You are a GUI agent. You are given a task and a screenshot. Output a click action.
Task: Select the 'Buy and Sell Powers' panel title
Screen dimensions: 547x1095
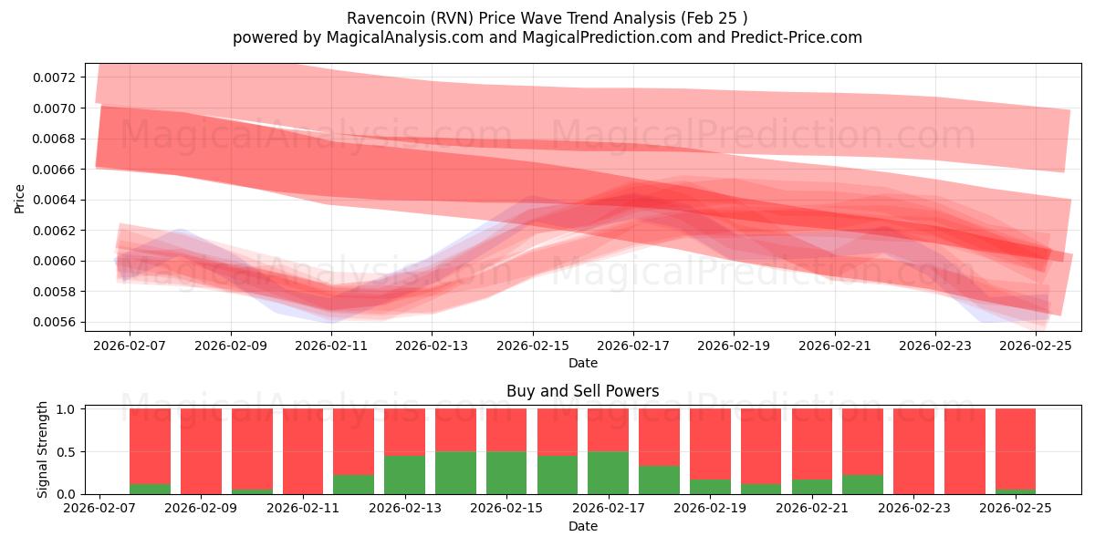point(583,391)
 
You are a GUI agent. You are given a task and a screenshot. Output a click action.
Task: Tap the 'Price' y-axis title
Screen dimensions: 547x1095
point(20,198)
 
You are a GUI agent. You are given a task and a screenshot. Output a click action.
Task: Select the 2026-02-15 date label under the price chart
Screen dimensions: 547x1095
point(533,346)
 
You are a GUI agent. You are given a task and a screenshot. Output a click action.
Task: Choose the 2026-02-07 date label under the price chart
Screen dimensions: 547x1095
point(130,346)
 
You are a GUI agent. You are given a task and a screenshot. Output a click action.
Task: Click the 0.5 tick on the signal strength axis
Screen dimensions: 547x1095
point(68,452)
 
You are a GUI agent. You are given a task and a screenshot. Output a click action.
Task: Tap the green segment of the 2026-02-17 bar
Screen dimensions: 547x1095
point(608,472)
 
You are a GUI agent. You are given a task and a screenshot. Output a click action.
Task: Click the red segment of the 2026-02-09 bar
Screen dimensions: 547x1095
point(201,450)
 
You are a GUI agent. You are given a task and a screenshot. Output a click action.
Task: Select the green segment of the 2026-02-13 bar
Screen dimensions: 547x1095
point(404,475)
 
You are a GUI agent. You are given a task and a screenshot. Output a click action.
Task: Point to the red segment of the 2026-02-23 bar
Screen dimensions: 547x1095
point(913,450)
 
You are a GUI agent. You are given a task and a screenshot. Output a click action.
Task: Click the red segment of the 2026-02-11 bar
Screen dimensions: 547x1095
point(303,450)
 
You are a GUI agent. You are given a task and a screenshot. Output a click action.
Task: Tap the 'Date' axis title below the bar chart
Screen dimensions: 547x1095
point(583,526)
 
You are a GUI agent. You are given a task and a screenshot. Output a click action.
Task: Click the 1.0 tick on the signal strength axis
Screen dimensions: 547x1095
point(68,409)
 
